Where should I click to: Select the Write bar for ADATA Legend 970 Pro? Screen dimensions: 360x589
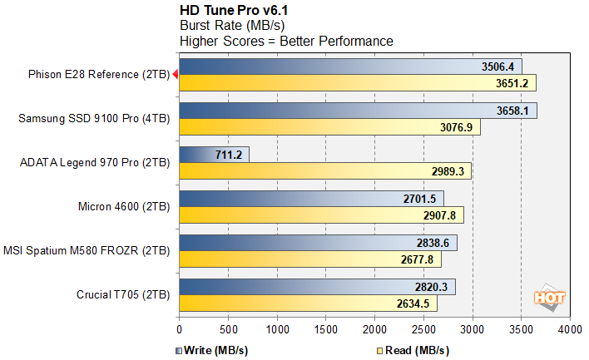214,154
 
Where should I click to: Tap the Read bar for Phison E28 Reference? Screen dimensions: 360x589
358,83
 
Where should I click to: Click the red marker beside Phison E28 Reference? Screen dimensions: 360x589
175,75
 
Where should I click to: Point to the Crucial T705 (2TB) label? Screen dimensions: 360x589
121,294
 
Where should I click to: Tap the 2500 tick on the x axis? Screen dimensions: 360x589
423,329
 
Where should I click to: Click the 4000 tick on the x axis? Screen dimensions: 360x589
570,329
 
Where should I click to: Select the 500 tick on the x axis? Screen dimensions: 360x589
228,329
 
